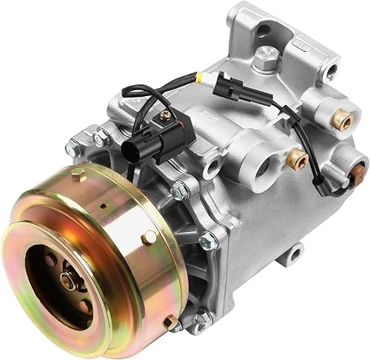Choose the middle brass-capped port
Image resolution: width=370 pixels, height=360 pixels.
pos(299,157)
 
